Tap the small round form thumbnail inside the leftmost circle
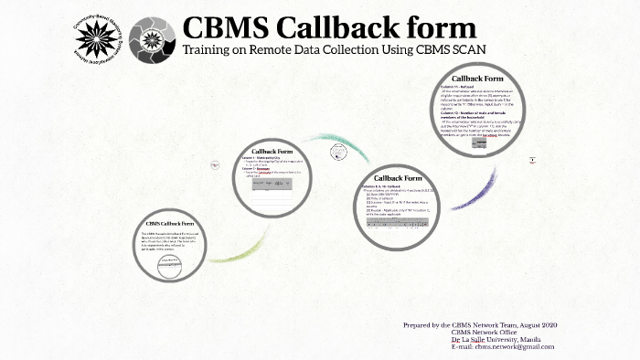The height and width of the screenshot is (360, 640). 171,267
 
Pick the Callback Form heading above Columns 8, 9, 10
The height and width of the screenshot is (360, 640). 400,177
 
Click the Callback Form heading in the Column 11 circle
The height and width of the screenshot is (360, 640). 477,79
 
